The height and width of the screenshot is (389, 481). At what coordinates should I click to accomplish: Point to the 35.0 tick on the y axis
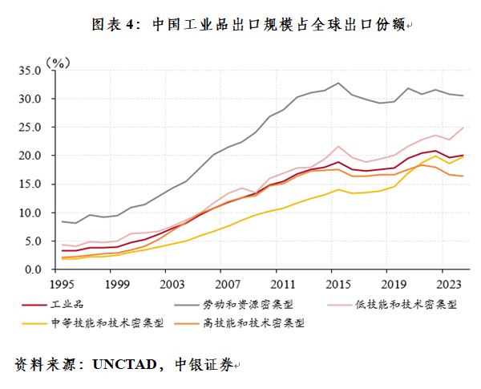point(30,71)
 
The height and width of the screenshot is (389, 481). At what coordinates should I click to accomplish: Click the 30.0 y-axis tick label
point(30,99)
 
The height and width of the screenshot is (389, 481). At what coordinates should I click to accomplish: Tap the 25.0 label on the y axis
point(30,128)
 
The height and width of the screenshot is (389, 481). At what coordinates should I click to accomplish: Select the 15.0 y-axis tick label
point(30,184)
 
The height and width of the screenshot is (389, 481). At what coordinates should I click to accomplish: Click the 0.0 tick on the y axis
point(33,269)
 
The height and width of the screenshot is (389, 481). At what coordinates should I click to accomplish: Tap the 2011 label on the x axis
point(281,283)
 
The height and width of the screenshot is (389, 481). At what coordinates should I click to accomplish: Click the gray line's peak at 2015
point(338,83)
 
